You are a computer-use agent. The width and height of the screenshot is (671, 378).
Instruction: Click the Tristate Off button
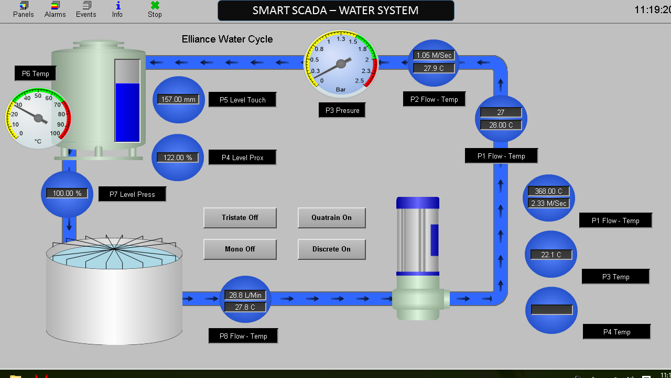pos(240,218)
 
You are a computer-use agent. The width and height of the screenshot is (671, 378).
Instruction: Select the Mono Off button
pos(240,249)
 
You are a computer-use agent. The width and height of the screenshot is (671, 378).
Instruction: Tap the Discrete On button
pos(331,249)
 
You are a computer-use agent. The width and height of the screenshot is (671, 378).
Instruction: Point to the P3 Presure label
pos(342,110)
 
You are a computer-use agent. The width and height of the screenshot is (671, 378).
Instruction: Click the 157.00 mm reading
pos(178,100)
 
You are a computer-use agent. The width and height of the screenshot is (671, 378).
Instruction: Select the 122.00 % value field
pos(178,157)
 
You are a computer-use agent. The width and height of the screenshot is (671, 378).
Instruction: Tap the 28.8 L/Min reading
pos(245,295)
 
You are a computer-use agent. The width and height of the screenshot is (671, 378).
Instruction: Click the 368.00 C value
pos(549,191)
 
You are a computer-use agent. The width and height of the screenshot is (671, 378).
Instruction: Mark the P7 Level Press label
pos(132,194)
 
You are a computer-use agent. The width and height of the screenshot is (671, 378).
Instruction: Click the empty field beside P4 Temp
pos(551,310)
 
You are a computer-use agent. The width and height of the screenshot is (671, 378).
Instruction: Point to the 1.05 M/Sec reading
pos(434,55)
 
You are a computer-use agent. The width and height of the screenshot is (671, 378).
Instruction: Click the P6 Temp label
pos(35,74)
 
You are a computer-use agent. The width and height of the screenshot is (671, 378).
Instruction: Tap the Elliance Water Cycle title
pos(227,39)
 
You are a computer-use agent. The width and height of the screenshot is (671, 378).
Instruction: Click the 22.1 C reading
pos(551,255)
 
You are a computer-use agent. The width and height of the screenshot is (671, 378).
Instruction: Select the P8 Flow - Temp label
pos(243,336)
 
